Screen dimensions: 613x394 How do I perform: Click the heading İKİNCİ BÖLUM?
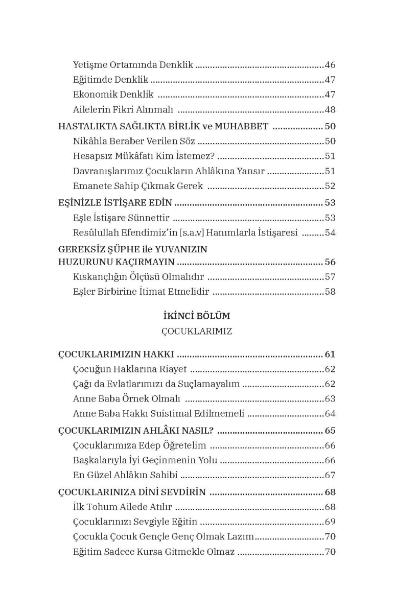tap(197, 316)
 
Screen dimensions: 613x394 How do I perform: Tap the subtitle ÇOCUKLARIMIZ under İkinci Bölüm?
tap(197, 332)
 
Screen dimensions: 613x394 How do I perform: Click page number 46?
tap(330, 65)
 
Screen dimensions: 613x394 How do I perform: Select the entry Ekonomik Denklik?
tap(113, 95)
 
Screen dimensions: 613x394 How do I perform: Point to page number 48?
tap(330, 109)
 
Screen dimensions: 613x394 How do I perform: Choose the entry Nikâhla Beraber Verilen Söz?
tap(134, 142)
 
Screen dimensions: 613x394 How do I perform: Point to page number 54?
tap(330, 233)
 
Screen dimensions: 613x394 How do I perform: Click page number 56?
tap(330, 262)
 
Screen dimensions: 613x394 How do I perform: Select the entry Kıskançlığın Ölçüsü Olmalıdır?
tap(138, 277)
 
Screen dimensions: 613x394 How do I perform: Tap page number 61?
tap(330, 354)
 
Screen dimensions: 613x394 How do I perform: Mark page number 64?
tap(330, 414)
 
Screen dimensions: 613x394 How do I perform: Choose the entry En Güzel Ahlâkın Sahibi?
tap(125, 475)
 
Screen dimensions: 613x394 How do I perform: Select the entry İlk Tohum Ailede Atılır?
tap(123, 507)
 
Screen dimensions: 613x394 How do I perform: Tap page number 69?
tap(330, 522)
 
